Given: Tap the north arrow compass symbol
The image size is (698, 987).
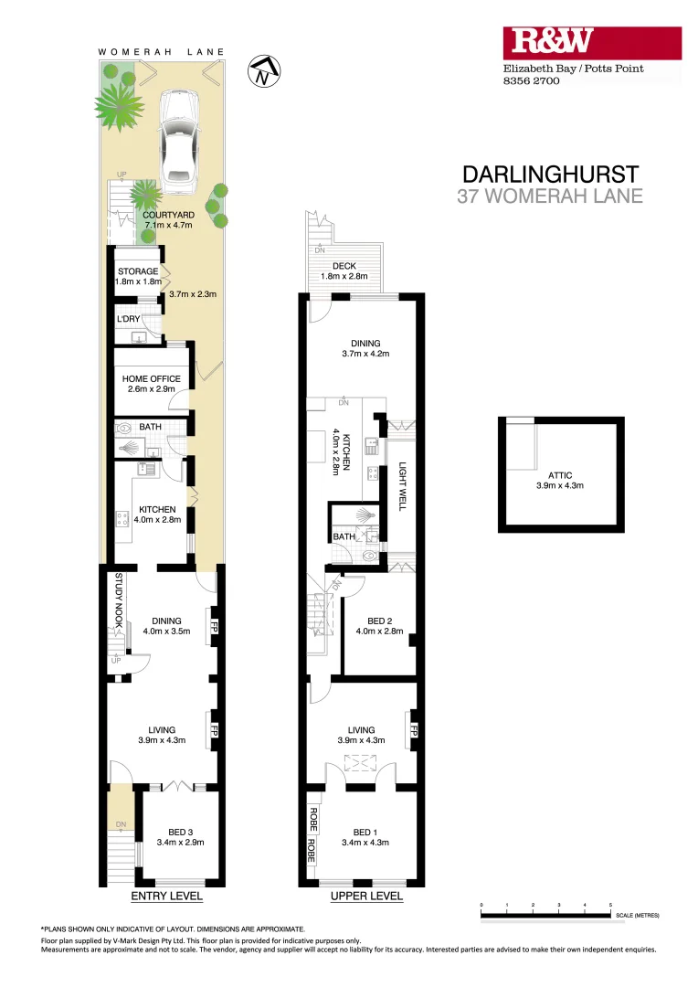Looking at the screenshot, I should click(x=265, y=70).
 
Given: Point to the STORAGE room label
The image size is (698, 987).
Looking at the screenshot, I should click(x=137, y=271).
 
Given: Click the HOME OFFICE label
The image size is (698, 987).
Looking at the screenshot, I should click(x=151, y=378).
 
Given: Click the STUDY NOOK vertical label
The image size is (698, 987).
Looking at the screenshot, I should click(x=118, y=602).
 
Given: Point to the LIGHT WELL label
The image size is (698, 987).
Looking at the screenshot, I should click(x=400, y=486).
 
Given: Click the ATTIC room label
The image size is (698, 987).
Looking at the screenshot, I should click(x=560, y=475).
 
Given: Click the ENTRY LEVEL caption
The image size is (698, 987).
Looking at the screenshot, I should click(x=167, y=897).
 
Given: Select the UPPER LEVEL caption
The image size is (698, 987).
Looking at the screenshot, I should click(x=365, y=897).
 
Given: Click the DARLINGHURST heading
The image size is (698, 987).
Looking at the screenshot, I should click(x=551, y=174).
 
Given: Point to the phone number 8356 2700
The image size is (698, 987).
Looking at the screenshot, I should click(x=532, y=80).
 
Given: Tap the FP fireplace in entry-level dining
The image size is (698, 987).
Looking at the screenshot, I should click(x=214, y=627).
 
